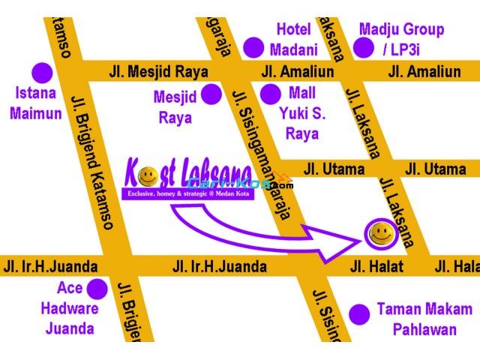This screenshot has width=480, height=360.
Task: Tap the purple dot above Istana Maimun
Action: pyautogui.click(x=42, y=73)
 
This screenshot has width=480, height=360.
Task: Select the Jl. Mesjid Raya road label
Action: pyautogui.click(x=158, y=72)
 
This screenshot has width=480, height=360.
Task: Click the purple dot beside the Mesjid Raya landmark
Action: pyautogui.click(x=212, y=94)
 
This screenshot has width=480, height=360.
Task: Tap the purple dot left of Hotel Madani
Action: pyautogui.click(x=256, y=47)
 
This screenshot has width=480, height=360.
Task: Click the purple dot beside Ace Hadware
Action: pyautogui.click(x=97, y=288)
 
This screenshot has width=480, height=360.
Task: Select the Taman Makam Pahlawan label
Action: pyautogui.click(x=424, y=319)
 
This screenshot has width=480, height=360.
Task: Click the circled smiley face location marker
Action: pyautogui.click(x=381, y=233)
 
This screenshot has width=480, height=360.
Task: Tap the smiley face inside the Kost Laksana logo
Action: pyautogui.click(x=149, y=177)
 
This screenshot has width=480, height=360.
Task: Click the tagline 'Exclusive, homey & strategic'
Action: pyautogui.click(x=188, y=194)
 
